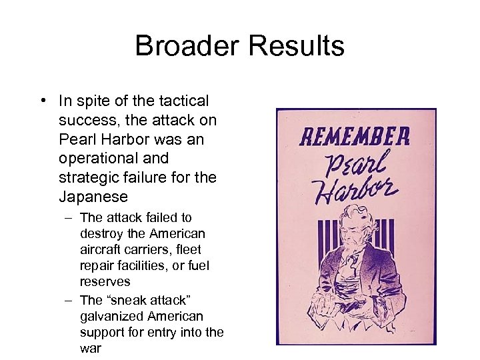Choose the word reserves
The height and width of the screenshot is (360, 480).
[105, 282]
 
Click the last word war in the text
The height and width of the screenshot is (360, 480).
[90, 348]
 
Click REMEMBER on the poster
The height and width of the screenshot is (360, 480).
[354, 137]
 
